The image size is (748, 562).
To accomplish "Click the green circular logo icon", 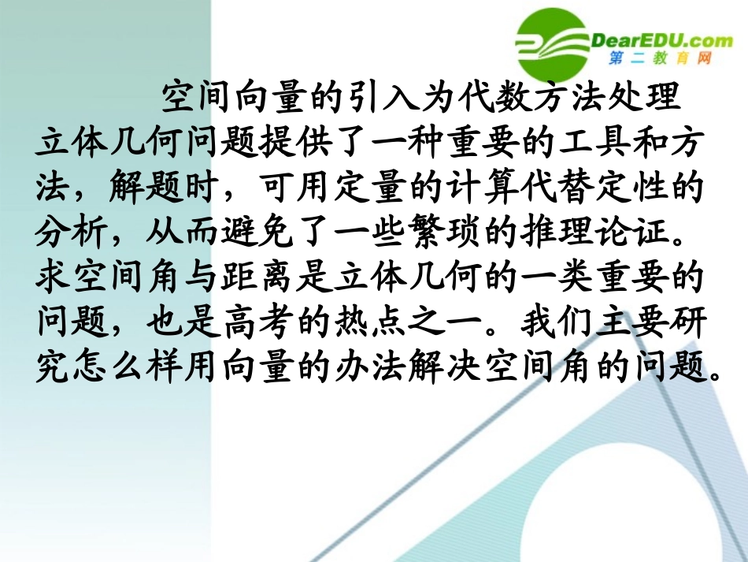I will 554,39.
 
